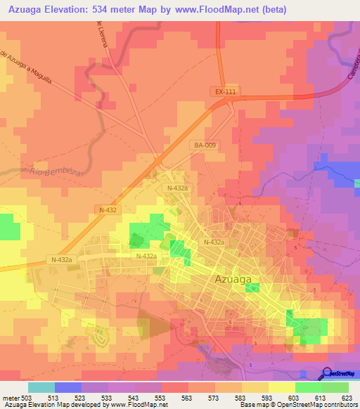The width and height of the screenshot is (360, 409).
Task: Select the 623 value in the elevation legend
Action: (347, 398)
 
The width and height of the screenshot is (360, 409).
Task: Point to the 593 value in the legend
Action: (268, 398)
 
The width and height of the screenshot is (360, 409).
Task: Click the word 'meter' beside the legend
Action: (11, 398)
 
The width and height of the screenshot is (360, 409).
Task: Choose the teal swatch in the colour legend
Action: (41, 387)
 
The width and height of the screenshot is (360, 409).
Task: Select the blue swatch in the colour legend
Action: (68, 387)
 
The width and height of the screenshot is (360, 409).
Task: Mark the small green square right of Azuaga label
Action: (252, 287)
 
